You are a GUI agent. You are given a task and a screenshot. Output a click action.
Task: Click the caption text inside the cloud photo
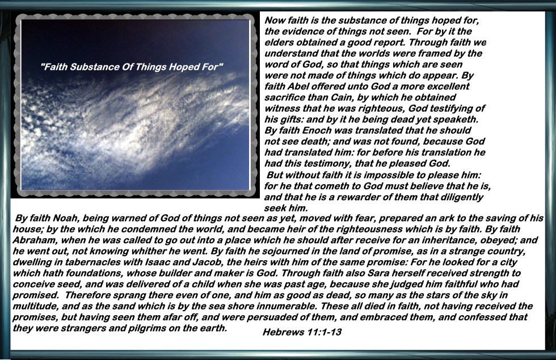pos(132,67)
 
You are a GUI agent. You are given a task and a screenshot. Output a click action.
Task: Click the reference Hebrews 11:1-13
pos(302,332)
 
